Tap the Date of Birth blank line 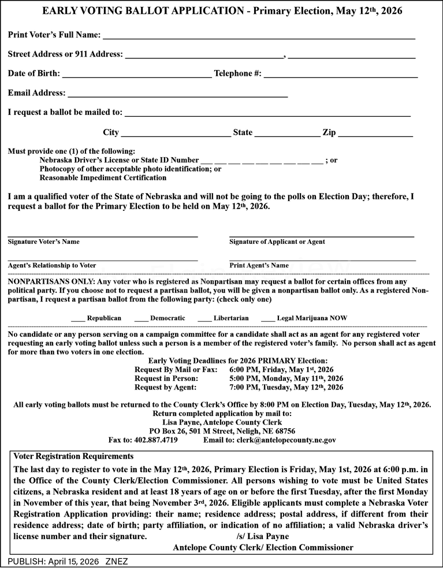pos(136,75)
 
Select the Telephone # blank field pos(340,75)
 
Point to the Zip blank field pos(375,134)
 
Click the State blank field pos(287,134)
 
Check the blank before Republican pos(78,319)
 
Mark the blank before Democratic pos(141,319)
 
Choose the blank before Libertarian pos(204,319)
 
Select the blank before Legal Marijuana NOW pos(267,319)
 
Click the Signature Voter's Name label pos(44,242)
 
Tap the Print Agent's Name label pos(259,265)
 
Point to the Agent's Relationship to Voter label pos(52,265)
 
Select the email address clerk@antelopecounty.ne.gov pos(286,440)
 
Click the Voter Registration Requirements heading pos(73,456)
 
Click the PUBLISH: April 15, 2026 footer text pos(54,561)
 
